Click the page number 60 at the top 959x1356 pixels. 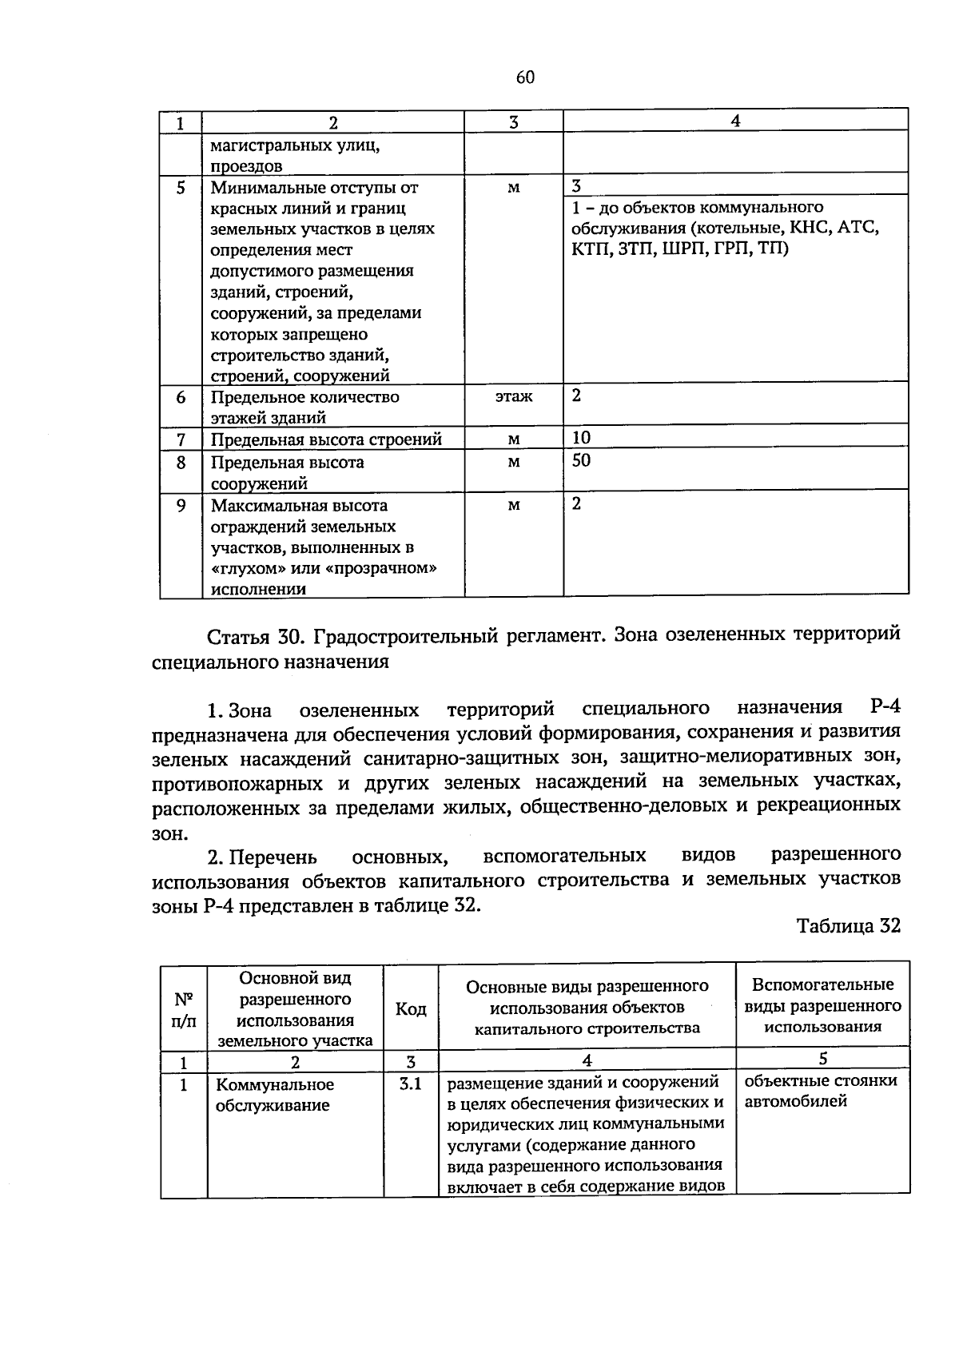tap(525, 78)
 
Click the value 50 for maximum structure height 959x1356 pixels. tap(581, 460)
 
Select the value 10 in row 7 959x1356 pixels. tap(581, 437)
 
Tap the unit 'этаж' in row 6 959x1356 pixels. tap(513, 396)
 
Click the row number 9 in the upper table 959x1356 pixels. tap(181, 506)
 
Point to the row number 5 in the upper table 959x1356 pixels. tap(181, 188)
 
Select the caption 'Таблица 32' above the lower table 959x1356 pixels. tap(848, 925)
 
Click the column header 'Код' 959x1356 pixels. tap(411, 1009)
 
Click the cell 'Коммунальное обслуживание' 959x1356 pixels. tap(275, 1096)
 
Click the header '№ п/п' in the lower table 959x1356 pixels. tap(183, 1009)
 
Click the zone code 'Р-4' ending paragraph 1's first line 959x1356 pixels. tap(883, 707)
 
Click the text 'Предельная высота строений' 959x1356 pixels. tap(326, 439)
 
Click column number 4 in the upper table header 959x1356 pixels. tap(735, 121)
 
